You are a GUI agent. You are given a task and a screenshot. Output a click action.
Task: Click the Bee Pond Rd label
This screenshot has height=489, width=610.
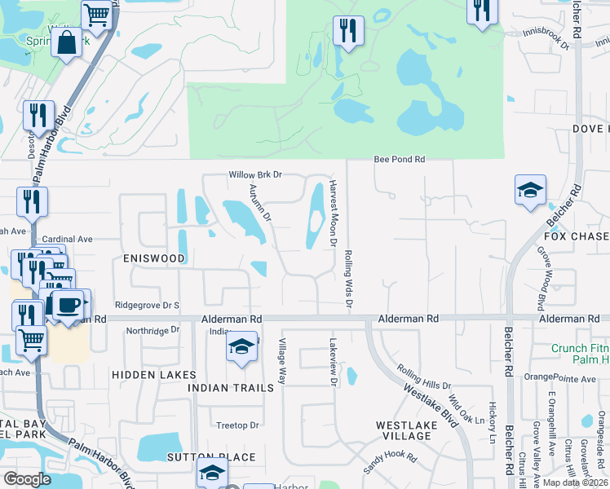click(x=400, y=160)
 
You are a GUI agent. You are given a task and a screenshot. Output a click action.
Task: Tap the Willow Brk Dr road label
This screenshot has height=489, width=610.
click(x=254, y=174)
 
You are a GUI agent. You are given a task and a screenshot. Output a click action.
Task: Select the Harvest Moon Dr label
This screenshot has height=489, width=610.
click(x=333, y=215)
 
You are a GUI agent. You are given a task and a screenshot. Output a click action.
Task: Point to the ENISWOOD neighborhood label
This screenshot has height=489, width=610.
click(x=154, y=258)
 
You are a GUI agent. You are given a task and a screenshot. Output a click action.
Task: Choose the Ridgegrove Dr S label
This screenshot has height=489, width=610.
click(x=148, y=306)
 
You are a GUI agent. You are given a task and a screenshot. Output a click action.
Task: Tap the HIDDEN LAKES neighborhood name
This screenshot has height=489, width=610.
click(x=154, y=374)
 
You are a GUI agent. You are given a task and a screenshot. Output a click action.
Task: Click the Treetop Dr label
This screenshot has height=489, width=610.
click(x=237, y=425)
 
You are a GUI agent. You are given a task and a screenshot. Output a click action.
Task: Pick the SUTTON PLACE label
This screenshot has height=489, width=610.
click(x=212, y=457)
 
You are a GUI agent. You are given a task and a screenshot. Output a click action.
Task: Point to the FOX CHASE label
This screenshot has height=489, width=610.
click(x=577, y=236)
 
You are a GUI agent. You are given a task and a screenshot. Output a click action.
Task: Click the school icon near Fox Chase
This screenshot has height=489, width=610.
click(x=530, y=191)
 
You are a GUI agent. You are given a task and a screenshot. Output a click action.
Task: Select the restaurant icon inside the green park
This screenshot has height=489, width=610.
click(x=348, y=31)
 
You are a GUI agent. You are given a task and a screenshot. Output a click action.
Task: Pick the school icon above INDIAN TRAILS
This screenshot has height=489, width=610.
click(x=241, y=346)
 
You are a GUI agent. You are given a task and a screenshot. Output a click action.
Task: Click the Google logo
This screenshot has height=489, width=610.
click(x=27, y=479)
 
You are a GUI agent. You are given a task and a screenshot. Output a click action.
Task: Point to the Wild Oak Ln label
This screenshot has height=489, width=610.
click(x=466, y=416)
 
